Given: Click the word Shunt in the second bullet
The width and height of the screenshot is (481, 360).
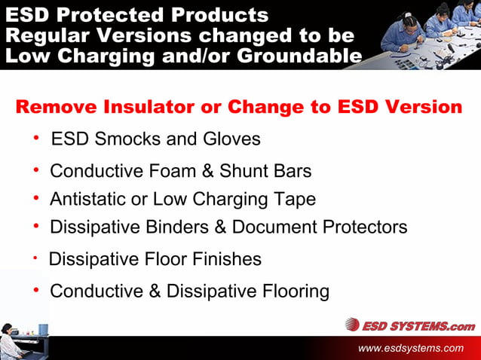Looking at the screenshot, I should point(246,171).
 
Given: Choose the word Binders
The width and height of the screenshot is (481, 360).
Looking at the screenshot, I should point(182,227).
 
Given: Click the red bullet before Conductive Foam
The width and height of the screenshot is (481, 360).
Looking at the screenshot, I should point(36,169).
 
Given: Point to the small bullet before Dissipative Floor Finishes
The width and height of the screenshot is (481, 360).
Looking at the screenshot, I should point(35,258).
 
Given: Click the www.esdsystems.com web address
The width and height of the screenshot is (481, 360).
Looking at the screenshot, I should point(411,348).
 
